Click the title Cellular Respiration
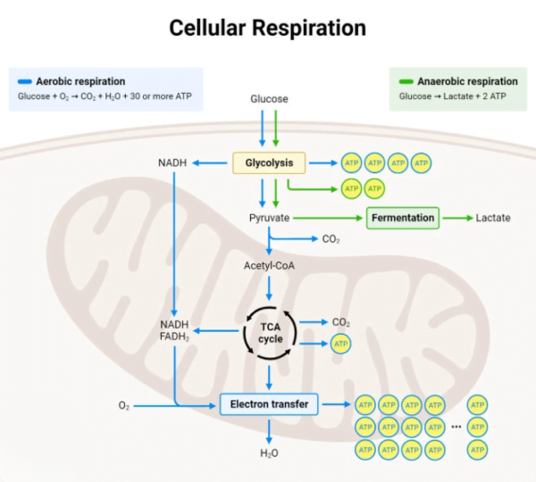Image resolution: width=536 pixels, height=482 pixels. [268, 29]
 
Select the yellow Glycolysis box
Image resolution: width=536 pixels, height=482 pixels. [269, 162]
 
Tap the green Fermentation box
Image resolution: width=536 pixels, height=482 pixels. [403, 218]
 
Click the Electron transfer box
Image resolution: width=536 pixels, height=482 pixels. [269, 404]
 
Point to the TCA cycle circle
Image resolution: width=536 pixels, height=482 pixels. [269, 333]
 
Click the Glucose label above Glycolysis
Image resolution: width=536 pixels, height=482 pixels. [269, 99]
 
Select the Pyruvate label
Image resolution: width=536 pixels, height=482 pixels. [269, 218]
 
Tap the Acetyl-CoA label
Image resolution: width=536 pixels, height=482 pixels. [269, 266]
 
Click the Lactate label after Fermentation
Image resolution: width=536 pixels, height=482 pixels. [493, 218]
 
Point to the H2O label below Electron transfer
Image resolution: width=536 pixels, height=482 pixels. [269, 453]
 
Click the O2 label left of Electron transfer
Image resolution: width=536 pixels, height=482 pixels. [123, 405]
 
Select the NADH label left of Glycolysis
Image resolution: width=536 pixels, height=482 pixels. [172, 162]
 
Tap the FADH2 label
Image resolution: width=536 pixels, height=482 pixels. [174, 338]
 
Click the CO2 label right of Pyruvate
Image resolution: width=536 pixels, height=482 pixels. [331, 239]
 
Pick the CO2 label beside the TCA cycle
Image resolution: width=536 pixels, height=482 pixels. [340, 322]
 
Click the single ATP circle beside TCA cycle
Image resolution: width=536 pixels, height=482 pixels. [340, 344]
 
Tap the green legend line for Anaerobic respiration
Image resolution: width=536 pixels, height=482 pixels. [406, 81]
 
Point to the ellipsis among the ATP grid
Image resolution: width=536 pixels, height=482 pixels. [456, 427]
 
